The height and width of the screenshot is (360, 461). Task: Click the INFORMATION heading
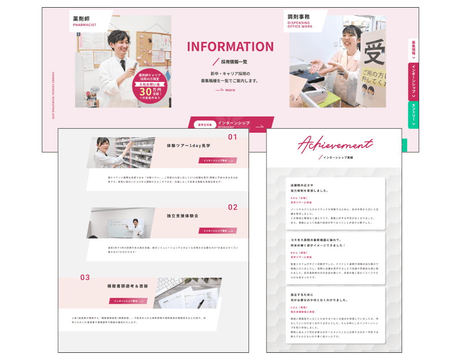click(230, 47)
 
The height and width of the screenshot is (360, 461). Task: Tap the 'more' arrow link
click(225, 90)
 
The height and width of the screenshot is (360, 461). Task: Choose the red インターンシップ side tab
click(413, 81)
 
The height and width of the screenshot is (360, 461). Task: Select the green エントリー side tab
click(413, 115)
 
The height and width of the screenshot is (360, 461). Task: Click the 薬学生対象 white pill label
click(204, 125)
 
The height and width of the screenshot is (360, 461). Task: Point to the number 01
click(232, 137)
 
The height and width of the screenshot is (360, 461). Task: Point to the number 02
click(232, 207)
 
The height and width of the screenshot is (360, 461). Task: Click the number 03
click(85, 278)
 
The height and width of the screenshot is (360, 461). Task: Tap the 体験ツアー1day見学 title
click(188, 146)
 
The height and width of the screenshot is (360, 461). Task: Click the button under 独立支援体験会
click(218, 230)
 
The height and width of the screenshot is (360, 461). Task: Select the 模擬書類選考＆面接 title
click(127, 286)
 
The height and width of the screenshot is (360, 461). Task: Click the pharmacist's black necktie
click(122, 65)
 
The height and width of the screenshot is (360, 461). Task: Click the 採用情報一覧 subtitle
click(234, 62)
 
